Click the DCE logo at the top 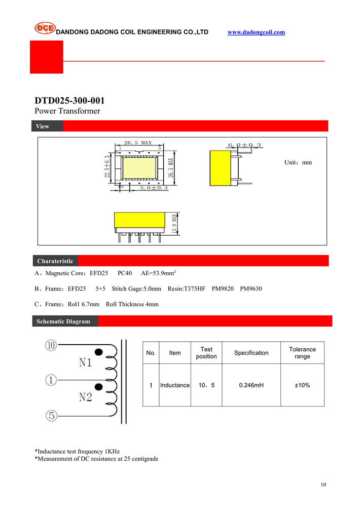(45, 28)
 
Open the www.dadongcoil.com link (256, 32)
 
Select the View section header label (43, 126)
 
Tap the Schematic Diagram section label (63, 321)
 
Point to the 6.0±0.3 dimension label (244, 146)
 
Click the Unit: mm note (298, 163)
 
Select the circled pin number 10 (51, 346)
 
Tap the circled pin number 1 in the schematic (51, 379)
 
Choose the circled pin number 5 (51, 416)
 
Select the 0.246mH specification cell (251, 385)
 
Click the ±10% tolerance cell (302, 385)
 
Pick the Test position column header (206, 353)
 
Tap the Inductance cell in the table (175, 385)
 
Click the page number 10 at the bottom (323, 485)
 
